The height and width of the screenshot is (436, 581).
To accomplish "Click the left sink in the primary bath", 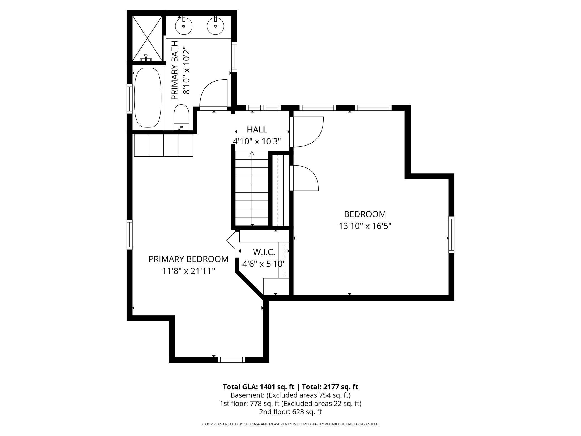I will tap(184, 26).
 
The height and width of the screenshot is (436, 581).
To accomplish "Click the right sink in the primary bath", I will tap(215, 26).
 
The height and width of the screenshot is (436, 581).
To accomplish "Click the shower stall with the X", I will tap(147, 38).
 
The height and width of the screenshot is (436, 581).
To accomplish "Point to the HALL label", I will tap(257, 130).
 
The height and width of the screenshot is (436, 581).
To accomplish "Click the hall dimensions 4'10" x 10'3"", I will tap(257, 141).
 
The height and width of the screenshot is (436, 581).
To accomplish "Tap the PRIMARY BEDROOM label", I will tap(188, 259).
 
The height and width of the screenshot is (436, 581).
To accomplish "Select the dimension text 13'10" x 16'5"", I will tap(365, 226).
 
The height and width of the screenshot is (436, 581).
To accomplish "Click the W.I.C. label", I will tap(264, 252).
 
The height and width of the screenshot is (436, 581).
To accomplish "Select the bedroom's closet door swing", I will tap(306, 178).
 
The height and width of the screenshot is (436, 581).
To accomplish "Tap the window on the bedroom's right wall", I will tap(451, 235).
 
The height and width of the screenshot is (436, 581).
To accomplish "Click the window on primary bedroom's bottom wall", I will tap(231, 360).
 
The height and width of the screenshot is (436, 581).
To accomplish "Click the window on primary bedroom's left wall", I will tap(130, 234).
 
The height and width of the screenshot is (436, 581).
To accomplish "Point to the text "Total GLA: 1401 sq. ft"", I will tap(258, 387).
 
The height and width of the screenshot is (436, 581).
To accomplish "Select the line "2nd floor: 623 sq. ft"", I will tap(290, 412).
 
